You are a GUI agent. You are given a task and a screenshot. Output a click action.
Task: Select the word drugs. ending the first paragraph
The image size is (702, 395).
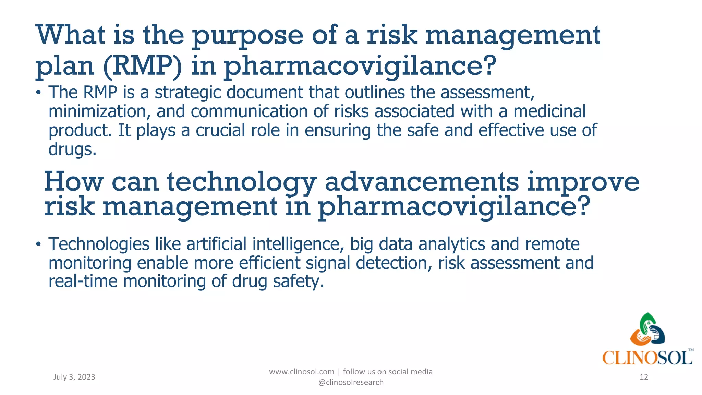click(72, 149)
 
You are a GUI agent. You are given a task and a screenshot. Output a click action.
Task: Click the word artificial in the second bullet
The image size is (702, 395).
click(216, 244)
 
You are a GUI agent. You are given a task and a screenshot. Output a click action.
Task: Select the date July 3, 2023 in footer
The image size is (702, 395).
click(74, 377)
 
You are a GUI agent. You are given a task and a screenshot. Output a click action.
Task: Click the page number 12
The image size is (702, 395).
click(644, 377)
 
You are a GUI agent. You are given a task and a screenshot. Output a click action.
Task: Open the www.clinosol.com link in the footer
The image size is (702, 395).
click(301, 372)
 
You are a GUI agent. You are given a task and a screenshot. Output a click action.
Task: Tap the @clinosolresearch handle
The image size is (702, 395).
click(351, 382)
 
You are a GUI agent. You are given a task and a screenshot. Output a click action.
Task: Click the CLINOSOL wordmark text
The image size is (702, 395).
click(647, 358)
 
